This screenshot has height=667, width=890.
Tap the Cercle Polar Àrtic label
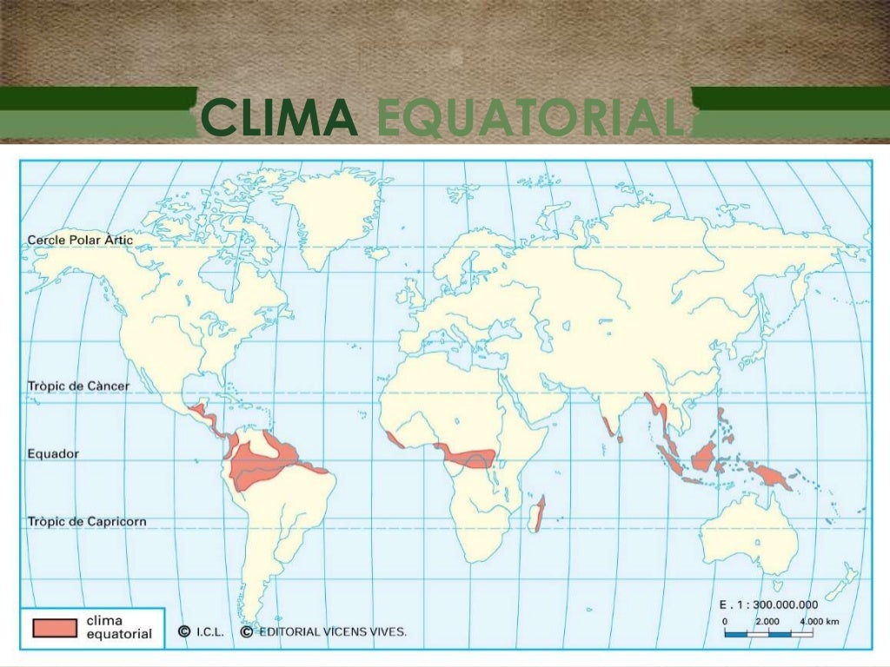click(80, 239)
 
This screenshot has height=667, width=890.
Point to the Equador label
click(53, 453)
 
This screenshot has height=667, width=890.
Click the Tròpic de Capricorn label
click(87, 522)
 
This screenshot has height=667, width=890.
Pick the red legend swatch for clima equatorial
click(55, 627)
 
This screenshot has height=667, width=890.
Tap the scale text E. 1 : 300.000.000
click(768, 604)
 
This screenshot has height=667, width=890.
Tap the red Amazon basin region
click(269, 460)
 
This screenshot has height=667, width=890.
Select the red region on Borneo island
click(702, 455)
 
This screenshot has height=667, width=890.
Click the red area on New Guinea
click(768, 474)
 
